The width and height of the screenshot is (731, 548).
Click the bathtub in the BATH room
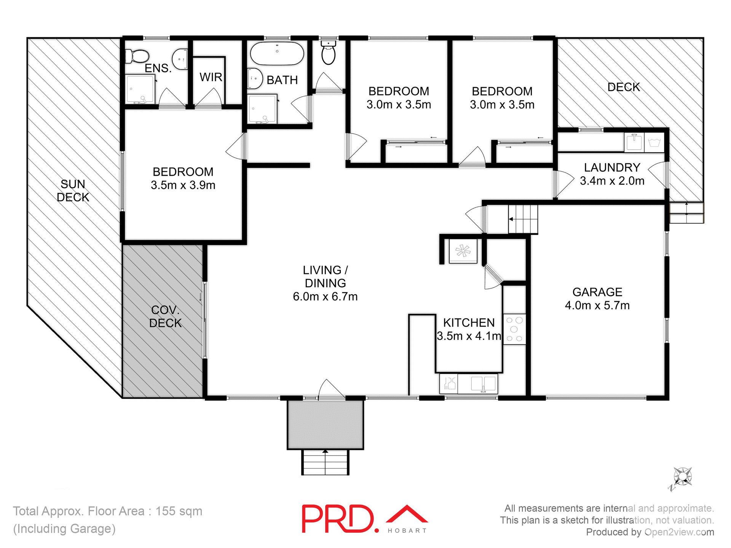coord(277,54)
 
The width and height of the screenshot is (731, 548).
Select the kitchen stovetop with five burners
coord(514,329)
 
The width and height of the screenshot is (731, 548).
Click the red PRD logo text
coord(338,519)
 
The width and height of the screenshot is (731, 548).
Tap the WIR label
coord(211,77)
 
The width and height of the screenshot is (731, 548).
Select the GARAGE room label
coord(597,292)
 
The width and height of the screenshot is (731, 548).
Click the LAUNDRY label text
coord(612,167)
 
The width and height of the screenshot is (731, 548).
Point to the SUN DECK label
coord(73,191)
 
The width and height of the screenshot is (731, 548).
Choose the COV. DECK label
coord(165,316)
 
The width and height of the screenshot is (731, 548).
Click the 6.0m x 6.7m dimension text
coord(325,296)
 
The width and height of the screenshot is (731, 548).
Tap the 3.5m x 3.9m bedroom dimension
coord(183,185)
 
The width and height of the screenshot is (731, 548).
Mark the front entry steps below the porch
coord(325,462)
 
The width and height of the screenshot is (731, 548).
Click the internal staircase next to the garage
coord(523,219)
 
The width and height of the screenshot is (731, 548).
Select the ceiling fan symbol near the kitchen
coord(463,251)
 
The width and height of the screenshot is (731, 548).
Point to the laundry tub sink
coord(634,142)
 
